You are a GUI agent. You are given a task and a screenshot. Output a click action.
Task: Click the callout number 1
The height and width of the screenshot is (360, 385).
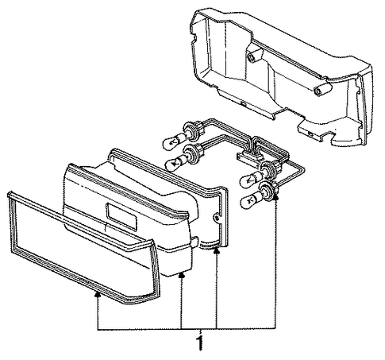200,343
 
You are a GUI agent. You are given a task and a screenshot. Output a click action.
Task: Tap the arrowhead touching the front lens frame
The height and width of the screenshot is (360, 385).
98,294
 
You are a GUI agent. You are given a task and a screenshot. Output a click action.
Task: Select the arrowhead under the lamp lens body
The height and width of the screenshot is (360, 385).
181,276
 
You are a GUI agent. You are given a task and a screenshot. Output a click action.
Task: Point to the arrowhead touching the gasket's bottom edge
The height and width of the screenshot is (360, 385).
217,250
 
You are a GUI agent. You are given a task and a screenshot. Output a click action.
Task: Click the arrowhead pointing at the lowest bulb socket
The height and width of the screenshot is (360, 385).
275,196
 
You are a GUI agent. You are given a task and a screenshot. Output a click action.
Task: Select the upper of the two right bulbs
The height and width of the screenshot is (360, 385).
251,179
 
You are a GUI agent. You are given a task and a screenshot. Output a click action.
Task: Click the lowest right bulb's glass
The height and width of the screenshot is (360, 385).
251,201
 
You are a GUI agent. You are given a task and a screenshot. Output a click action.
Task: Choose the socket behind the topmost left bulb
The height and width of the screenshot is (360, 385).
192,129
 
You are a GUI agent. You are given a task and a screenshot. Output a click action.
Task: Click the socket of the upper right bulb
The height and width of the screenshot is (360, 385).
268,169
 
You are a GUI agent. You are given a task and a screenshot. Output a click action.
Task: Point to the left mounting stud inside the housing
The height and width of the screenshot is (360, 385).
251,56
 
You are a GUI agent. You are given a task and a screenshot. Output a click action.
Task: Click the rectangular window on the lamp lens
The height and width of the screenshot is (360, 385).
121,216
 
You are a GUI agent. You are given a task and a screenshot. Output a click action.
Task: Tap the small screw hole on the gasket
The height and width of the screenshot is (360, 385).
216,218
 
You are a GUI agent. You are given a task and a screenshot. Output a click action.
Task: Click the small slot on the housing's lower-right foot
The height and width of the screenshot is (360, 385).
309,132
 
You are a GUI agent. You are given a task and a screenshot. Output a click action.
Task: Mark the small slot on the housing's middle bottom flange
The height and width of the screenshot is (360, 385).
242,103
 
